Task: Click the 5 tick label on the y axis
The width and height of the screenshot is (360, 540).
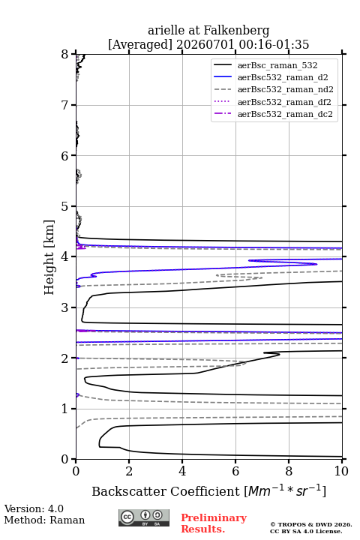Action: pos(64,206)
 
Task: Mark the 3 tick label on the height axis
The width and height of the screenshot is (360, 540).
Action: pos(64,307)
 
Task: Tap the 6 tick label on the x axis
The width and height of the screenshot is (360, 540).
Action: pos(235,471)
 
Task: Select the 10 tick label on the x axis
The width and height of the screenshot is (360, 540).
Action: pos(342,471)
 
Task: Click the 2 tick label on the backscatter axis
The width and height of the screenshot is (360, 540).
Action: pos(129,471)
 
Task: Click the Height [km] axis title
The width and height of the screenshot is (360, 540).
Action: pos(49,257)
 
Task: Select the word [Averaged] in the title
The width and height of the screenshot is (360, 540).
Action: pos(139,44)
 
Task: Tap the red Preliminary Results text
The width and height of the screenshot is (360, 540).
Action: pos(214,523)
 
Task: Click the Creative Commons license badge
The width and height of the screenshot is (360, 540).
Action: pos(144,517)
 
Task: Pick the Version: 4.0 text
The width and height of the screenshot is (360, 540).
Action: pos(34,508)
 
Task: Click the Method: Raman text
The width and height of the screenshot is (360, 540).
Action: pos(44,520)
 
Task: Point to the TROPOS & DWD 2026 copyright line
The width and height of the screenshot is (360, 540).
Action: pos(311,524)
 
